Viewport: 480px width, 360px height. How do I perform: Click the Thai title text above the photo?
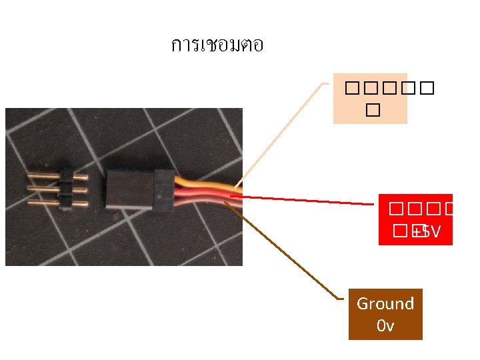point(217,45)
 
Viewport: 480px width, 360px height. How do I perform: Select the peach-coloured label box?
point(370,99)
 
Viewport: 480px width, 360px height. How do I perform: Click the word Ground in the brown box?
point(385,304)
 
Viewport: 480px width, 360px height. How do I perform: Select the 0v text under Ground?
point(385,326)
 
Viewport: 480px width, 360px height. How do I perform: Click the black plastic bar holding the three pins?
point(67,190)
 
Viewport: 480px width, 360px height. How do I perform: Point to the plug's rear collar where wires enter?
point(164,191)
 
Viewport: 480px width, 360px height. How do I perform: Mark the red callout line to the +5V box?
point(307,200)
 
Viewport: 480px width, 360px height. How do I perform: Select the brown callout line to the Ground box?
point(293,253)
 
